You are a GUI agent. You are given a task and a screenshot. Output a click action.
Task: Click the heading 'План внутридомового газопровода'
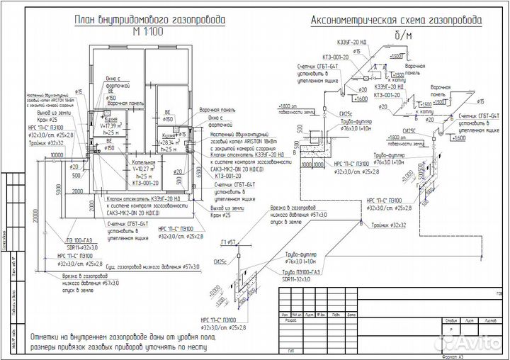coord(149,21)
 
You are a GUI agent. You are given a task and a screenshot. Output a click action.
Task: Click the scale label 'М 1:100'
coord(149,33)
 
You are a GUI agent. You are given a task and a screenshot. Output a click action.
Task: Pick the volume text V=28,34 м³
coord(169,142)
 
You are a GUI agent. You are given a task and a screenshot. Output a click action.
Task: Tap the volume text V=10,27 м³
coord(146,169)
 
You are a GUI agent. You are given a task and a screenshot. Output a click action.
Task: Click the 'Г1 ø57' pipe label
coord(228,242)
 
